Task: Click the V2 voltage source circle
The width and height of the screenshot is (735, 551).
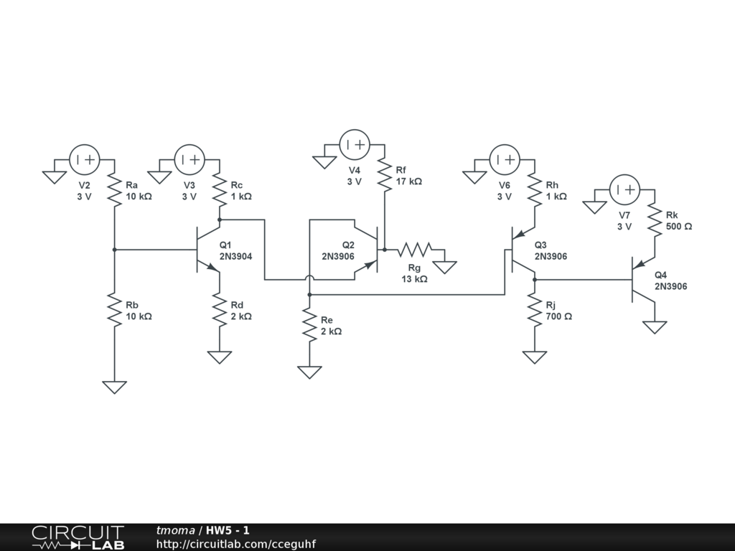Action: [x=85, y=160]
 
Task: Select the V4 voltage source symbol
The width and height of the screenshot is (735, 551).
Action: [x=355, y=145]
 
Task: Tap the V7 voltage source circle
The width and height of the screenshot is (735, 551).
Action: [x=625, y=189]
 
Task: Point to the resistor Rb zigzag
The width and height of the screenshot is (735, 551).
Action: [x=114, y=310]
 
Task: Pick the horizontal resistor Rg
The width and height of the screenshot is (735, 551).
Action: [x=415, y=250]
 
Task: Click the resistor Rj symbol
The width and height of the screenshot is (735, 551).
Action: [x=534, y=310]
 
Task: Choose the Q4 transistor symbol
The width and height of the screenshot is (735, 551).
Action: [x=643, y=280]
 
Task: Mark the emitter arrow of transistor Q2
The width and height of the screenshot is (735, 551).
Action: [x=371, y=265]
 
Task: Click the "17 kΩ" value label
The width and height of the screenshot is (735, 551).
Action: [x=408, y=182]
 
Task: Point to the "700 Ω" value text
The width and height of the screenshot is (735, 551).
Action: [x=558, y=316]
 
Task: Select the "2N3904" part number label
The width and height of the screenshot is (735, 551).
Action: [x=235, y=256]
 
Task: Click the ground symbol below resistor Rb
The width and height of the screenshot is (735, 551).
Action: [x=114, y=387]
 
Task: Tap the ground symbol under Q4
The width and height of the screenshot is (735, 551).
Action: [x=655, y=327]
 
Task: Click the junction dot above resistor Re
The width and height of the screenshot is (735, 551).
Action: [x=309, y=295]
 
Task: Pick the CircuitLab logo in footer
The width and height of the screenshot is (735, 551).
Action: [x=78, y=537]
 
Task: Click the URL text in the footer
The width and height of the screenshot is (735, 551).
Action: [x=235, y=544]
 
